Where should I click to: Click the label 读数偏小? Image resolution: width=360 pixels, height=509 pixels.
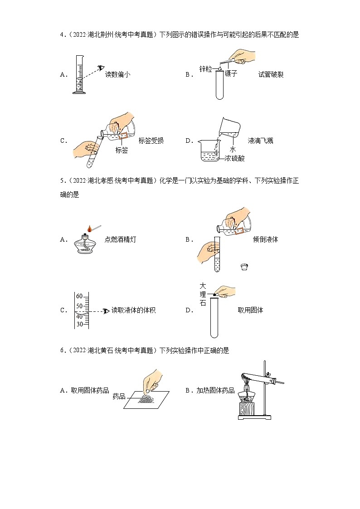coord(117,75)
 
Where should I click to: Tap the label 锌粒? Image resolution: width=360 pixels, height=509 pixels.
coord(206,69)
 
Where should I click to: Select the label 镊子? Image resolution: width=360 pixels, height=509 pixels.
coord(231,73)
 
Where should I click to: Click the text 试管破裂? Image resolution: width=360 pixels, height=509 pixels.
coord(271,75)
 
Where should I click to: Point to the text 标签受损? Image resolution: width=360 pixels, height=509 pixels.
coord(151,141)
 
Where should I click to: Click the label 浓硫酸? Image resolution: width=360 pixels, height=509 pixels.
coord(235,158)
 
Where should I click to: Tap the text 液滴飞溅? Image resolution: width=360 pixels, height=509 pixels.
coord(261,141)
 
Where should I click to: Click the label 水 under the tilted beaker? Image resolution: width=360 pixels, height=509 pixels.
coord(233,149)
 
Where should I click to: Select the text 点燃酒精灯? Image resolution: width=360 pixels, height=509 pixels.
coord(120,239)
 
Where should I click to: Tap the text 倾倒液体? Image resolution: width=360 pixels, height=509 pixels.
coord(265,239)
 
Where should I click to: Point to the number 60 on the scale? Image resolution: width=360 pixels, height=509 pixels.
coord(79,296)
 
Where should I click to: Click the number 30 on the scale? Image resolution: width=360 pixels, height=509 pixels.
coord(79,324)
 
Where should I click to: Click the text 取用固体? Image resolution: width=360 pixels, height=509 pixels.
coord(250,310)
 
